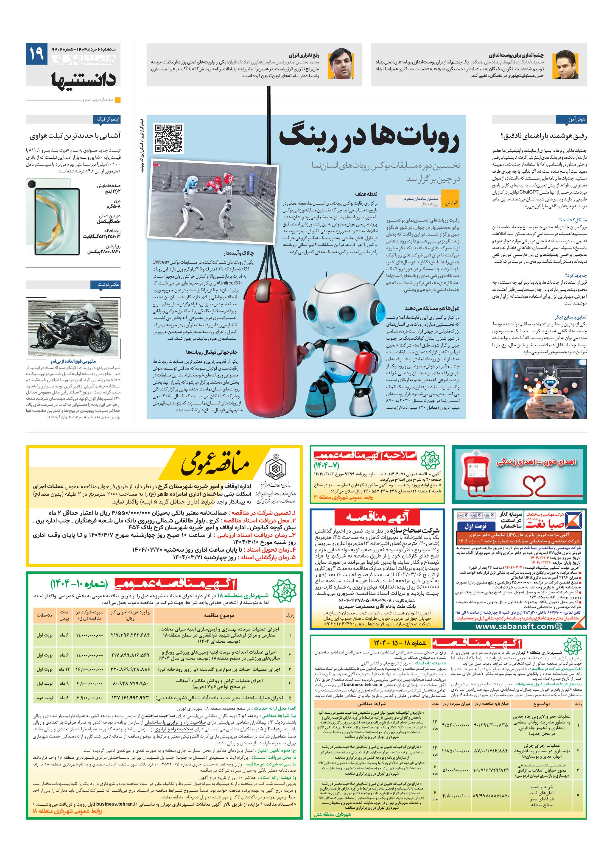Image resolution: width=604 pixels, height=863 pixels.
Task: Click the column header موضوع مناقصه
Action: pos(219,615)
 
